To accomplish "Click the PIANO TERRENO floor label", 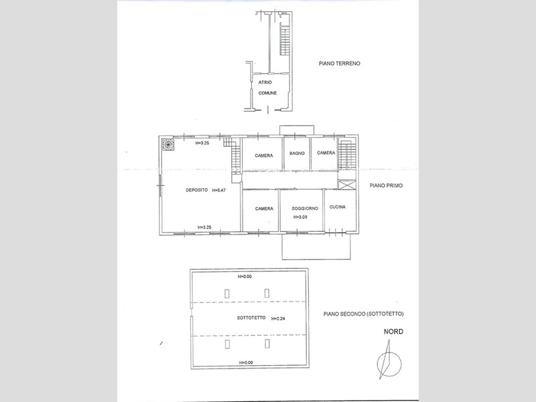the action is point(340,63).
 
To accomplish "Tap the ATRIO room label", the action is point(265,82).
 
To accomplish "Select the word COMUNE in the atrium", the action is point(267,93).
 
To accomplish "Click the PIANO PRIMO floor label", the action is point(386,186).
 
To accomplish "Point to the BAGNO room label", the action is point(297,153).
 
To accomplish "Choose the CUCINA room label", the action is point(338,207).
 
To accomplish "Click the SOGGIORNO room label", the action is point(305,208).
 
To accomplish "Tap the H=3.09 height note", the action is point(300,217).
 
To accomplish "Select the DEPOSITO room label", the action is point(196,190).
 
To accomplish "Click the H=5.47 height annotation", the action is point(219,190).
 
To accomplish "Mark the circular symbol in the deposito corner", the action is point(167,144).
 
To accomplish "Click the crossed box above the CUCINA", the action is point(346,185).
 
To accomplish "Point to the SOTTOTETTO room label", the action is point(251,318).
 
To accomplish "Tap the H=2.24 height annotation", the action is point(278,319).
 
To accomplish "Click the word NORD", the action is point(393,332).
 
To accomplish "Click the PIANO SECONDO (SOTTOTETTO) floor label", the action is point(363,314).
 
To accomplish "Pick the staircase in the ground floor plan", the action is point(285,40).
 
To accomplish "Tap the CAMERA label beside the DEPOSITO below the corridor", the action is point(264,208).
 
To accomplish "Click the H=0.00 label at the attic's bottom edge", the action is point(246,362).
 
